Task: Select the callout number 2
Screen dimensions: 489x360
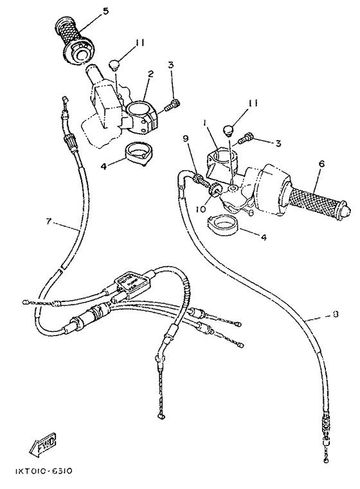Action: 149,75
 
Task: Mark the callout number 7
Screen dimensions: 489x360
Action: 48,221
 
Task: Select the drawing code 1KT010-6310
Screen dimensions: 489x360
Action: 40,471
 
